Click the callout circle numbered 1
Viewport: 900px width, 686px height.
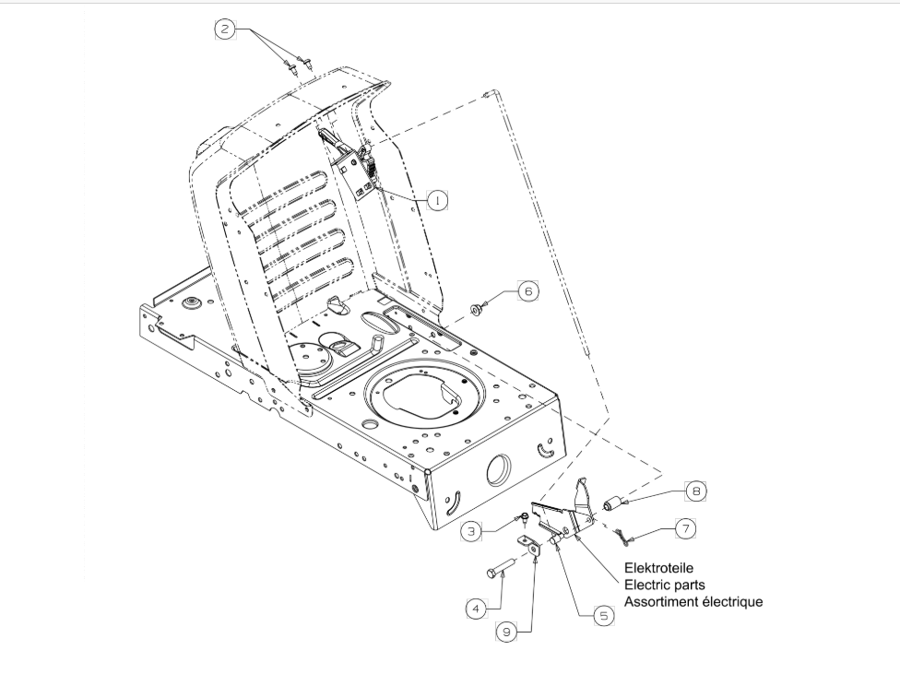437,199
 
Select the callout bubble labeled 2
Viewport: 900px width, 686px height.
225,29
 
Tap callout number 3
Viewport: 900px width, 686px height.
472,532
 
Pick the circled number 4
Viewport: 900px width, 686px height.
475,609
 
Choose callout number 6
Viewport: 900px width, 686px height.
527,290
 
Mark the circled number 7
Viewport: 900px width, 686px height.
685,528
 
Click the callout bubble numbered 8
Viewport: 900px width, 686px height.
696,491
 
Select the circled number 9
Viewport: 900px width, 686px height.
505,632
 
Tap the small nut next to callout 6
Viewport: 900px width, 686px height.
479,308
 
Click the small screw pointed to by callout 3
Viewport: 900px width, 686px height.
523,518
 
